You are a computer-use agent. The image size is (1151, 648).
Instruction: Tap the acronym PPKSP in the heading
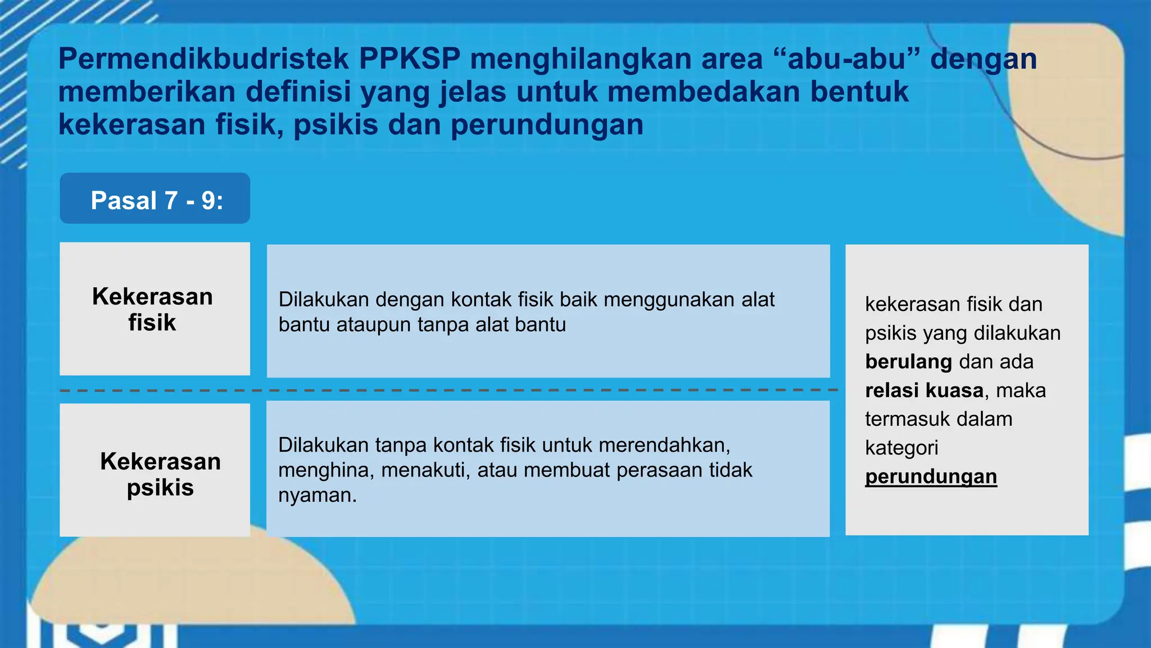410,59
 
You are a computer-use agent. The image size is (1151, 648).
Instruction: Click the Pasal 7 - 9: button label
157,200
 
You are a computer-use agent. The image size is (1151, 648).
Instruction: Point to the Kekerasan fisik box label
152,309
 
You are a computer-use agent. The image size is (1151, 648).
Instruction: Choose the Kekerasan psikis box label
160,474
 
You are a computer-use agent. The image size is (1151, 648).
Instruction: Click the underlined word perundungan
931,476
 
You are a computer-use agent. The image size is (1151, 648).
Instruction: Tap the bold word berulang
908,362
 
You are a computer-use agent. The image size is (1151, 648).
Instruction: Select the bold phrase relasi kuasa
924,390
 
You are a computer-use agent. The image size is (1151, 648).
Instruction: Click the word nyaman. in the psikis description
318,495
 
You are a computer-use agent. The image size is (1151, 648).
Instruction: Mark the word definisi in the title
298,92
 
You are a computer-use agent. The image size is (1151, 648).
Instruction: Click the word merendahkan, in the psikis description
664,445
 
